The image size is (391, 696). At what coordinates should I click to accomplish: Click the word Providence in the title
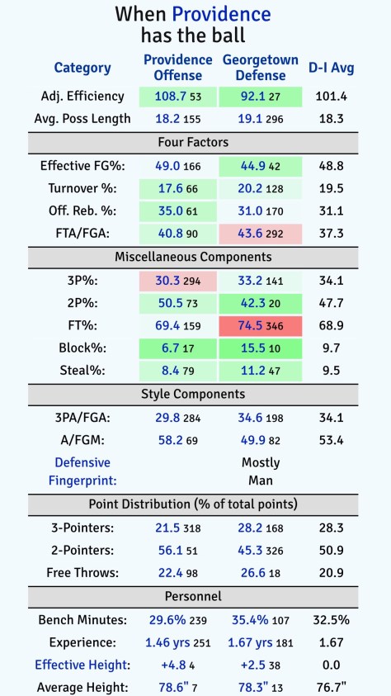pyautogui.click(x=221, y=14)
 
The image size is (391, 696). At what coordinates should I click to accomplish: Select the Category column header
pyautogui.click(x=82, y=68)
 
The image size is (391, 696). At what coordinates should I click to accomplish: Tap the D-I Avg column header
pyautogui.click(x=331, y=68)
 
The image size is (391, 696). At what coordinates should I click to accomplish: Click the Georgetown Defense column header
pyautogui.click(x=261, y=68)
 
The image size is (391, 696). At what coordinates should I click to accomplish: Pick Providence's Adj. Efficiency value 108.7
pyautogui.click(x=170, y=97)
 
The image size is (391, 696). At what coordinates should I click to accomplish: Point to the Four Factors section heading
pyautogui.click(x=194, y=142)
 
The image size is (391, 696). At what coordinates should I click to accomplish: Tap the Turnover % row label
pyautogui.click(x=82, y=188)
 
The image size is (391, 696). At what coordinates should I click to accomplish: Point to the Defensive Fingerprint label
pyautogui.click(x=82, y=471)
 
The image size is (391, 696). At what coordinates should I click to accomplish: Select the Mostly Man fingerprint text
pyautogui.click(x=261, y=471)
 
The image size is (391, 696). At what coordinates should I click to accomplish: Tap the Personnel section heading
pyautogui.click(x=194, y=595)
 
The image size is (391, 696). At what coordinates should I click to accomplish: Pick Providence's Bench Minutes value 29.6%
pyautogui.click(x=170, y=619)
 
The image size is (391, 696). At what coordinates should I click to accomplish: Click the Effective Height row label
pyautogui.click(x=82, y=665)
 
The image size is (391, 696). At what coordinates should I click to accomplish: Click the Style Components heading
pyautogui.click(x=194, y=395)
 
